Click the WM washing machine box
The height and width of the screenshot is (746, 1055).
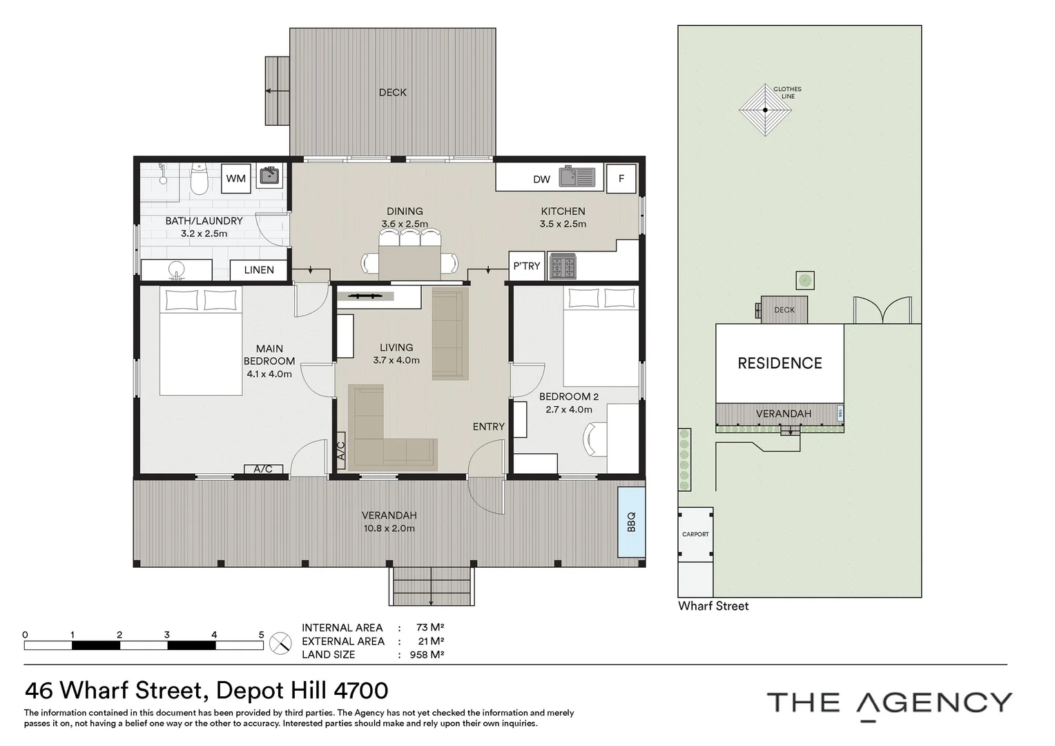coord(236,178)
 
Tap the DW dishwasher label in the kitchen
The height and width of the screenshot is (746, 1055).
coord(541,179)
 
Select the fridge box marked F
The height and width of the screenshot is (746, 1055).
coord(621,178)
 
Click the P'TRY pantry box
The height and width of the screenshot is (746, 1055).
coord(527,266)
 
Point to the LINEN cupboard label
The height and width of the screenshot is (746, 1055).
coord(259,270)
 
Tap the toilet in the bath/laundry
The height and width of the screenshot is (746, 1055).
coord(199,179)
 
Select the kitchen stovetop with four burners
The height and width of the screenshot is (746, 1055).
coord(563,267)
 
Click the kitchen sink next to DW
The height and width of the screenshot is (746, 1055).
coord(577,177)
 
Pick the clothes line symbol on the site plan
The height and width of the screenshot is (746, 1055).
coord(765,110)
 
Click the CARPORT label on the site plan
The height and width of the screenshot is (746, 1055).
coord(695,534)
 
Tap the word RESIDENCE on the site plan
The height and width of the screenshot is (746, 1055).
coord(780,363)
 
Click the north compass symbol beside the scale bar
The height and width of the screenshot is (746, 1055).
coord(280,643)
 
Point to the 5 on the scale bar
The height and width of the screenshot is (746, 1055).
coord(261,635)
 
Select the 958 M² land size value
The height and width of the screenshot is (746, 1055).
coord(427,655)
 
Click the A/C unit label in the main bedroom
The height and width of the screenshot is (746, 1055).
coord(263,469)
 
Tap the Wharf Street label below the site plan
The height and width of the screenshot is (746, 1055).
coord(713,606)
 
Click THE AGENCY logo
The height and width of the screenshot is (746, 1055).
coord(889,703)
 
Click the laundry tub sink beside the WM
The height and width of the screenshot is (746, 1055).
coord(269,176)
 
